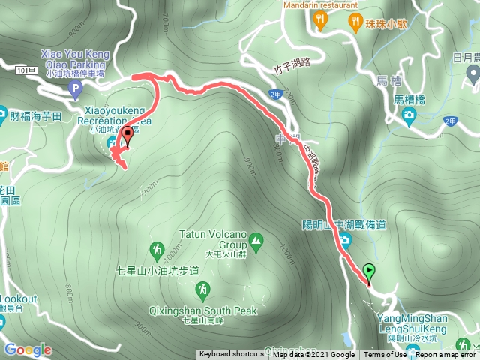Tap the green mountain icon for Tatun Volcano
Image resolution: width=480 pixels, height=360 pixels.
coord(256,241)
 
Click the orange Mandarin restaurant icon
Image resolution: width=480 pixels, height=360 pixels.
coord(321,20)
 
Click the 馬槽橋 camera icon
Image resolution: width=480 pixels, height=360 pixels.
coord(409,114)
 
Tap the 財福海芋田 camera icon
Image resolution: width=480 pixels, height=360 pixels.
coord(4,117)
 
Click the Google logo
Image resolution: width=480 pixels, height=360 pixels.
coord(28,349)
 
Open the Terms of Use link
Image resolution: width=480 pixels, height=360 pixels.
coord(385,355)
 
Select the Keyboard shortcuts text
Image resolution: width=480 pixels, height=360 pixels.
coord(231,355)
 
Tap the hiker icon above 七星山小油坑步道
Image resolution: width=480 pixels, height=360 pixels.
coord(157,249)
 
